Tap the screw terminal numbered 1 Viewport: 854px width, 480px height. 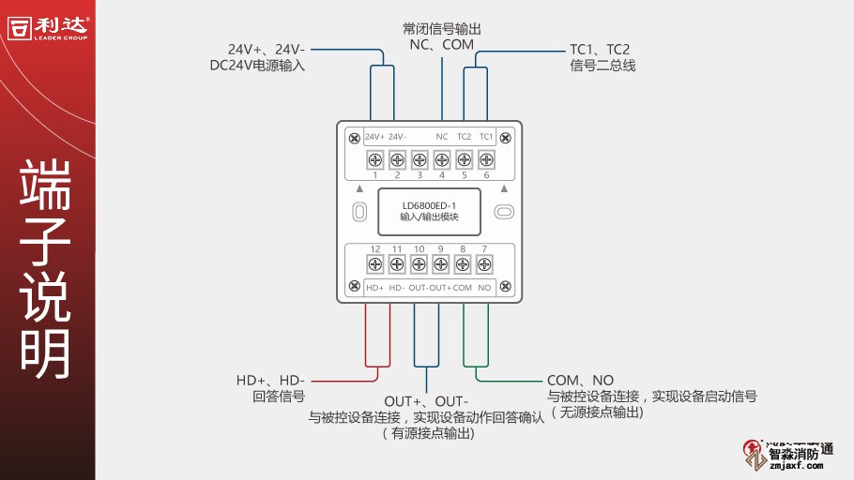(374, 158)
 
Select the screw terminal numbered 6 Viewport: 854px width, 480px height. (486, 158)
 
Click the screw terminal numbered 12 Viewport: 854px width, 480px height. (374, 264)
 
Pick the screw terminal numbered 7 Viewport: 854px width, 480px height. (485, 264)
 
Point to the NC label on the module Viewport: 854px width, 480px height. (441, 137)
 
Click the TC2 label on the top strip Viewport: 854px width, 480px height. (464, 137)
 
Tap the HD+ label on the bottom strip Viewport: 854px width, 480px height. (374, 288)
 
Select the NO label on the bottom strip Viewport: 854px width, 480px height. (484, 288)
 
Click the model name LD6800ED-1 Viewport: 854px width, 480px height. (429, 205)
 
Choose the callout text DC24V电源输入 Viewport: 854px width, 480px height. (257, 66)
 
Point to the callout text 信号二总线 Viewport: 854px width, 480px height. (602, 66)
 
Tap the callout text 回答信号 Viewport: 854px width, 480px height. (279, 397)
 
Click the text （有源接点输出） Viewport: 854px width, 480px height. (426, 434)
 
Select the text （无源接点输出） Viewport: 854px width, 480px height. (597, 412)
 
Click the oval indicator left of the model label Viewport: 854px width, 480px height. (358, 212)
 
